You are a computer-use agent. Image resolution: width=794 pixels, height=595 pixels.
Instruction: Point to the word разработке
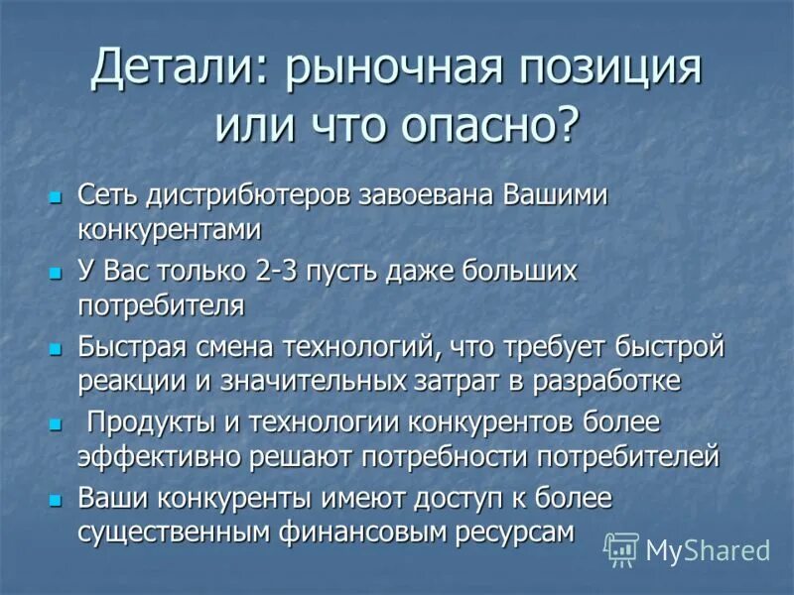pyautogui.click(x=614, y=379)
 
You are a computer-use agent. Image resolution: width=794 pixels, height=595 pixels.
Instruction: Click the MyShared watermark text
pyautogui.click(x=708, y=550)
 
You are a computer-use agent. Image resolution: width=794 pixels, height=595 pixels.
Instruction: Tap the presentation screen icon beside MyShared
pyautogui.click(x=621, y=549)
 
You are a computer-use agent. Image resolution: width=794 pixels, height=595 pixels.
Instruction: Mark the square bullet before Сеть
pyautogui.click(x=56, y=196)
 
